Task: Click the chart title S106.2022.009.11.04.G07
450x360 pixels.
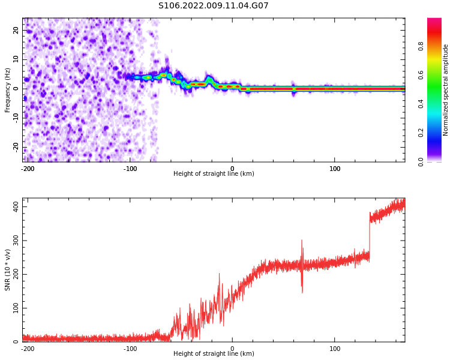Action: (213, 6)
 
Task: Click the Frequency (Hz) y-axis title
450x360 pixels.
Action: (8, 90)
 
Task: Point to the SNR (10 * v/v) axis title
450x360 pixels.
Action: (8, 270)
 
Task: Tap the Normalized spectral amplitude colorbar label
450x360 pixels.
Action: (446, 90)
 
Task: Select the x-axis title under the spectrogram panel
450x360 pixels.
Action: (214, 174)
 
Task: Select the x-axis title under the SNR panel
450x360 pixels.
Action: (214, 354)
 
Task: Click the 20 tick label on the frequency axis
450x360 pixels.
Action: (16, 30)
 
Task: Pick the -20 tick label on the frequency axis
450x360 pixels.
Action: (14, 147)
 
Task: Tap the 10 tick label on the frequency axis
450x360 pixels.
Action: (16, 59)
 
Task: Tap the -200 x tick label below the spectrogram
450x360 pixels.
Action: (28, 169)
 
